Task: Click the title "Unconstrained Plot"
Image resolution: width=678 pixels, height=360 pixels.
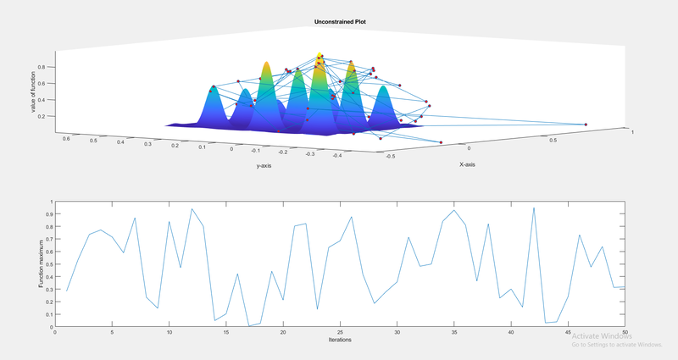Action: click(339, 21)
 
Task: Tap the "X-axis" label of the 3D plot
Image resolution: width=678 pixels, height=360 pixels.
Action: click(467, 164)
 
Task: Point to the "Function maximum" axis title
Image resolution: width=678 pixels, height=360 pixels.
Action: click(41, 263)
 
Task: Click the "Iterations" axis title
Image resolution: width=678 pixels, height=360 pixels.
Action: click(339, 340)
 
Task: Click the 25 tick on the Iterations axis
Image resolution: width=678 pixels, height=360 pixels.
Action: click(340, 332)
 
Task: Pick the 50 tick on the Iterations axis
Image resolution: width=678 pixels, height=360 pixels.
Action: click(625, 332)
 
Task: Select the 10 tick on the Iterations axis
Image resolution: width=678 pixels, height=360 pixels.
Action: click(169, 332)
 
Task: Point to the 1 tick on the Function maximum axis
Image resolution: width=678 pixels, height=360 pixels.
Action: click(51, 202)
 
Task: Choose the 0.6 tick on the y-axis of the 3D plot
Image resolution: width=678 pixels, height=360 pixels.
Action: click(68, 136)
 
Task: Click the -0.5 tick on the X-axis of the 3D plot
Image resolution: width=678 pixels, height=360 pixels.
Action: click(389, 157)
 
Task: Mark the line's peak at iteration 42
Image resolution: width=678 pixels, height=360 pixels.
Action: click(534, 208)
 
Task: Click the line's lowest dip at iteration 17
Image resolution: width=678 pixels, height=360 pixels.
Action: click(248, 325)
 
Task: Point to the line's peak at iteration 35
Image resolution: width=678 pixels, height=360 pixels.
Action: click(454, 210)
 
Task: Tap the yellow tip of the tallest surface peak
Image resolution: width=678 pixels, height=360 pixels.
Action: click(320, 56)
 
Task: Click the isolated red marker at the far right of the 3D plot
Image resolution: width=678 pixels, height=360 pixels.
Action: click(586, 125)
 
